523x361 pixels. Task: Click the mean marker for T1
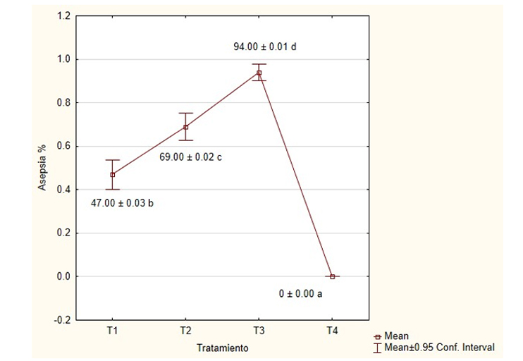pyautogui.click(x=113, y=174)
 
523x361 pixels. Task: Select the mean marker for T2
pyautogui.click(x=186, y=127)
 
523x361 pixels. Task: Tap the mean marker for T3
pyautogui.click(x=259, y=73)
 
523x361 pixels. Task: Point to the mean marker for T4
pyautogui.click(x=333, y=276)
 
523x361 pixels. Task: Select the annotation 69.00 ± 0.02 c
pyautogui.click(x=192, y=157)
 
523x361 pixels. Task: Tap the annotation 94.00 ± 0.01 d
pyautogui.click(x=265, y=47)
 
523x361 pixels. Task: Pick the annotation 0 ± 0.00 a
pyautogui.click(x=301, y=294)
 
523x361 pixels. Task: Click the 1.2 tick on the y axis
pyautogui.click(x=63, y=16)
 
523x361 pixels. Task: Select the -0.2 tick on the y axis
pyautogui.click(x=62, y=319)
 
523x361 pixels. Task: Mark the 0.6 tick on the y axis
pyautogui.click(x=63, y=146)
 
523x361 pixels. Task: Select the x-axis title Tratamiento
pyautogui.click(x=222, y=348)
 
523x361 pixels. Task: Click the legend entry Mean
pyautogui.click(x=398, y=336)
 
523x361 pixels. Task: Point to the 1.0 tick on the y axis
pyautogui.click(x=63, y=59)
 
